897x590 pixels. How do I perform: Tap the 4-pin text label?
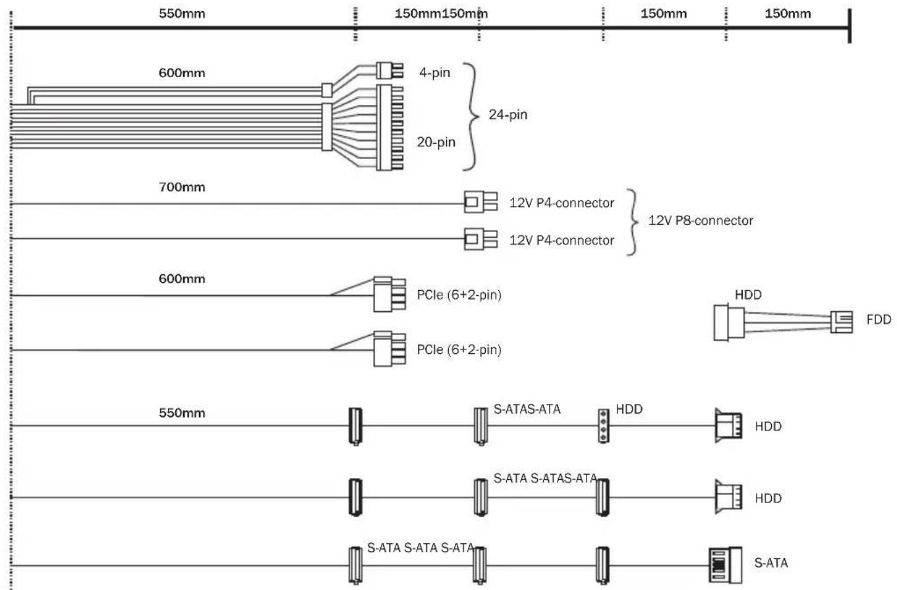click(x=435, y=73)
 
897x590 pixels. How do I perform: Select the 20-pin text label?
click(x=436, y=142)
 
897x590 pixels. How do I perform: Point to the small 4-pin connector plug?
click(x=386, y=70)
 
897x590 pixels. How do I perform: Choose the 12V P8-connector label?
click(x=701, y=221)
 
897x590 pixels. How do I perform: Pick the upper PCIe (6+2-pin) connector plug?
click(x=388, y=293)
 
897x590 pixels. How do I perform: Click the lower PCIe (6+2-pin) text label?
click(x=459, y=350)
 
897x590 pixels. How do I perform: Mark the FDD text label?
click(x=879, y=320)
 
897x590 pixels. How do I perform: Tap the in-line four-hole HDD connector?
click(x=602, y=425)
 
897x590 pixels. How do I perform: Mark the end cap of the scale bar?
click(x=850, y=27)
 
